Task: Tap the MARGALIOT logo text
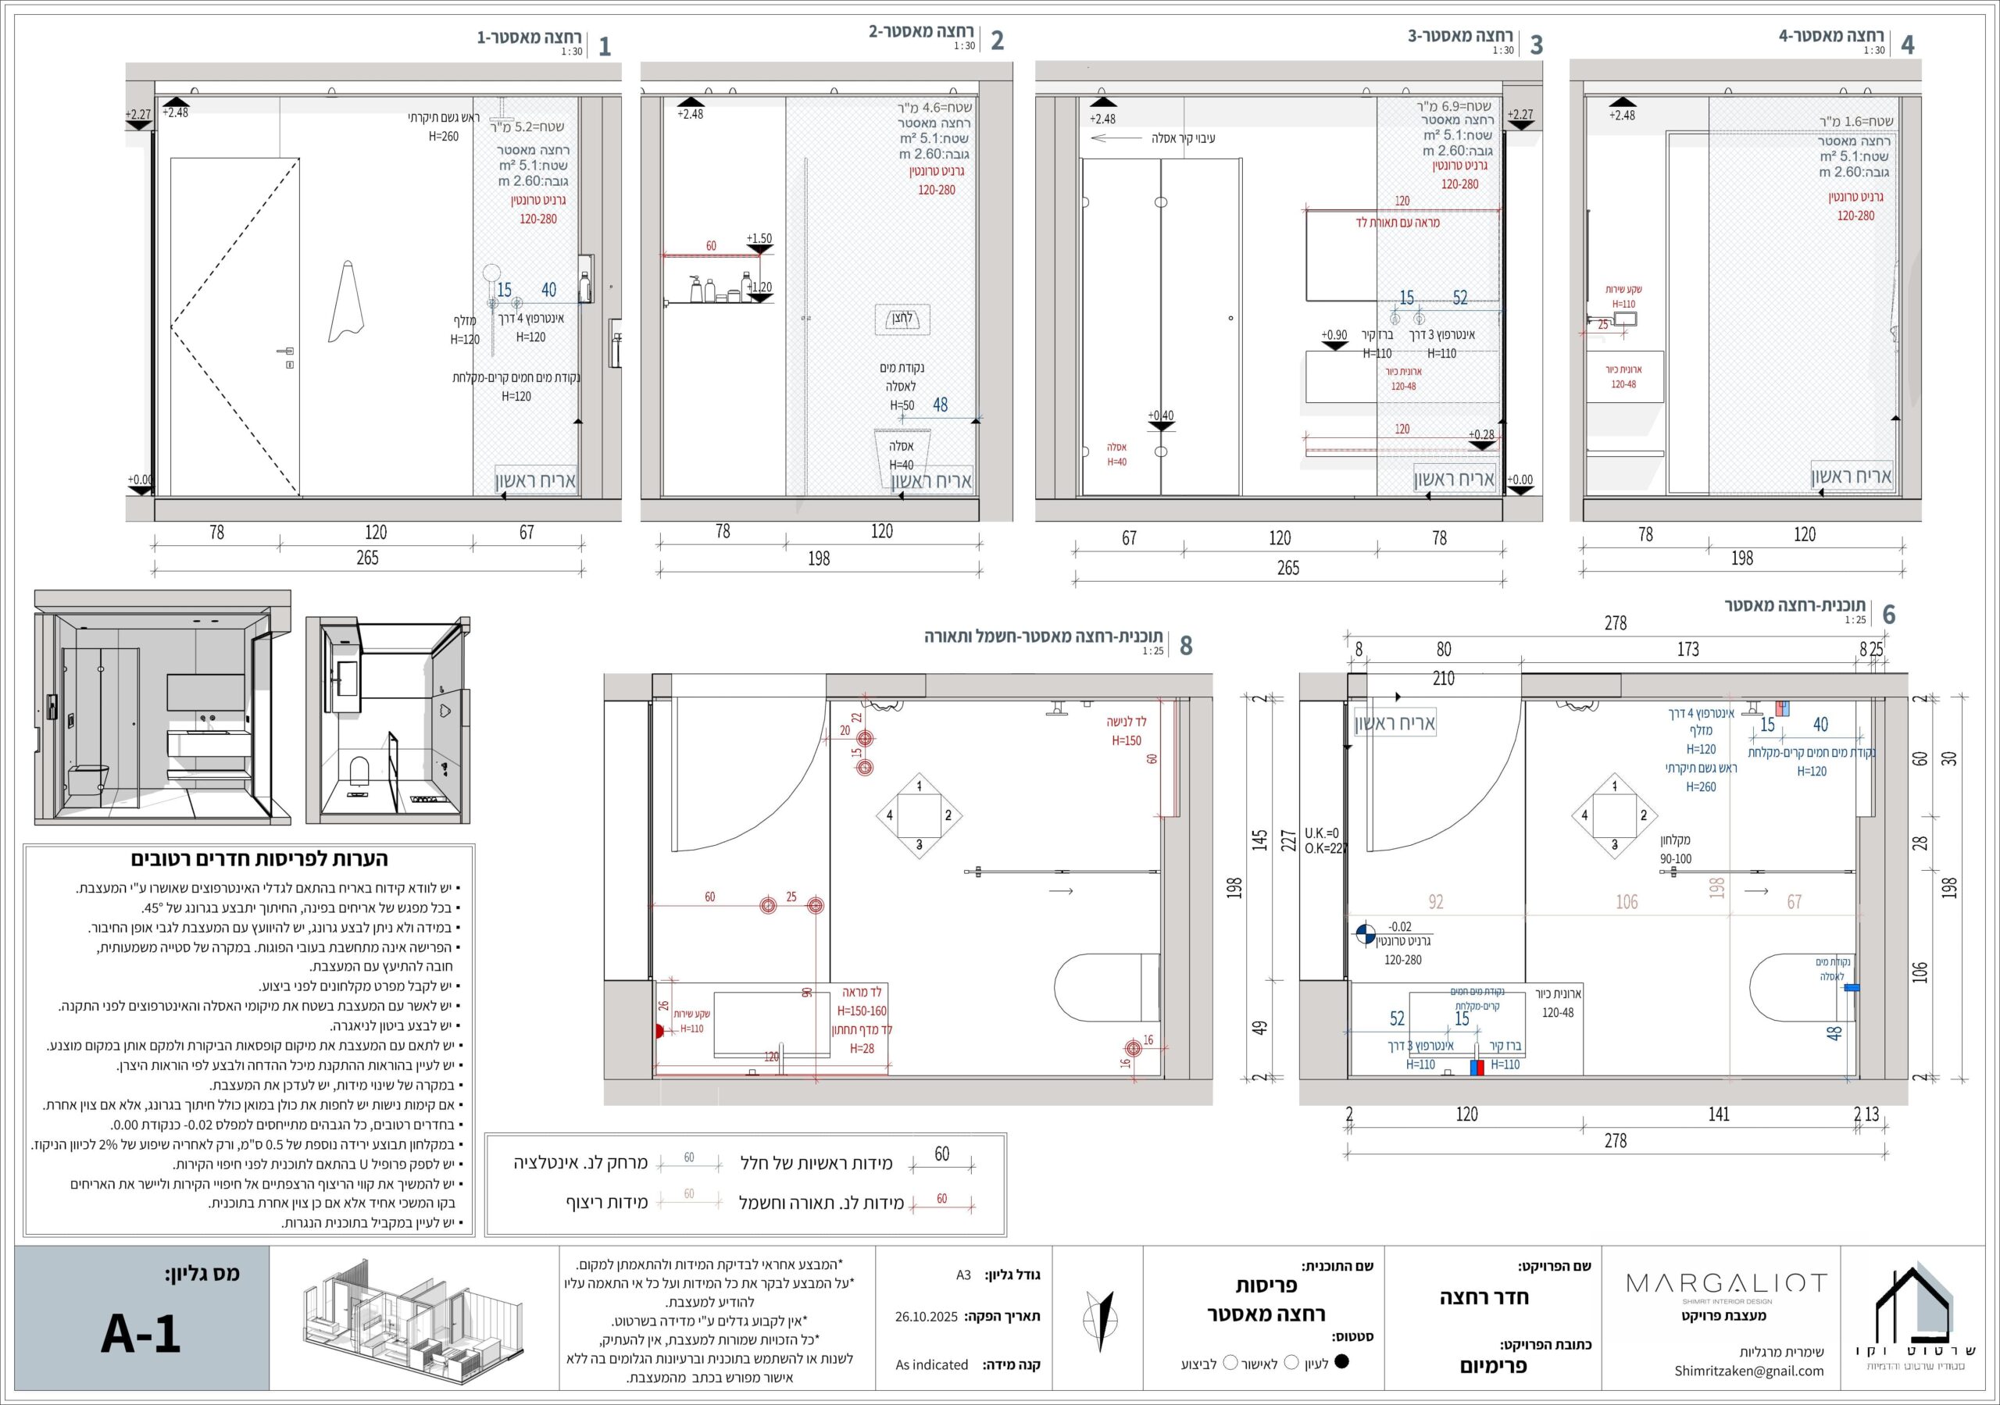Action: (1727, 1283)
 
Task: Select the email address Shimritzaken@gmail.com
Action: (1748, 1371)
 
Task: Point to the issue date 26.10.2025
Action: (926, 1316)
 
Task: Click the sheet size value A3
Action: (962, 1275)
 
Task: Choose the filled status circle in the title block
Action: (1341, 1361)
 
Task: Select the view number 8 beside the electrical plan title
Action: (1185, 645)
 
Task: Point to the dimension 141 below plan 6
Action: (1718, 1114)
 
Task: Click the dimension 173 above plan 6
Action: (1687, 649)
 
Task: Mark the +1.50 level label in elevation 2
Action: (759, 237)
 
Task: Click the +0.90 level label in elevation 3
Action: (1334, 335)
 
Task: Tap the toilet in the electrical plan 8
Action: (1105, 987)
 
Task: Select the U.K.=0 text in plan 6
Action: (1321, 833)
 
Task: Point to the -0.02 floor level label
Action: (1399, 927)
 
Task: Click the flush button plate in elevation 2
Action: (902, 319)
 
